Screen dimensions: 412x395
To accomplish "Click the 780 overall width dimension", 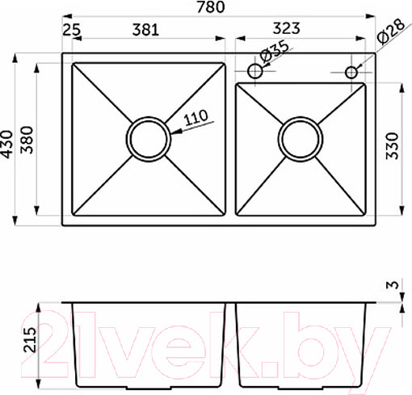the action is click(x=211, y=7).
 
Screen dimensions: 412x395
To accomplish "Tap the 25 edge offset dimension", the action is click(x=72, y=30).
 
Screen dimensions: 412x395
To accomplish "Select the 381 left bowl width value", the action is click(x=145, y=30).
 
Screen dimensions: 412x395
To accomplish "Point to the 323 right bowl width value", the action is click(x=286, y=28).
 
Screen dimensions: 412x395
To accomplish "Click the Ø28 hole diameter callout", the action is click(x=391, y=31).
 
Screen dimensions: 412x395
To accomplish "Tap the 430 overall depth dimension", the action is click(x=6, y=144).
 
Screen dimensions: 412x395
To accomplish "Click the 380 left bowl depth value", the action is click(x=27, y=140).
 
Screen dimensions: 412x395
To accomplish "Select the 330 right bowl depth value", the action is click(x=392, y=145).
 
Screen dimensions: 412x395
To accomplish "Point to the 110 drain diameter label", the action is click(x=196, y=117).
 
